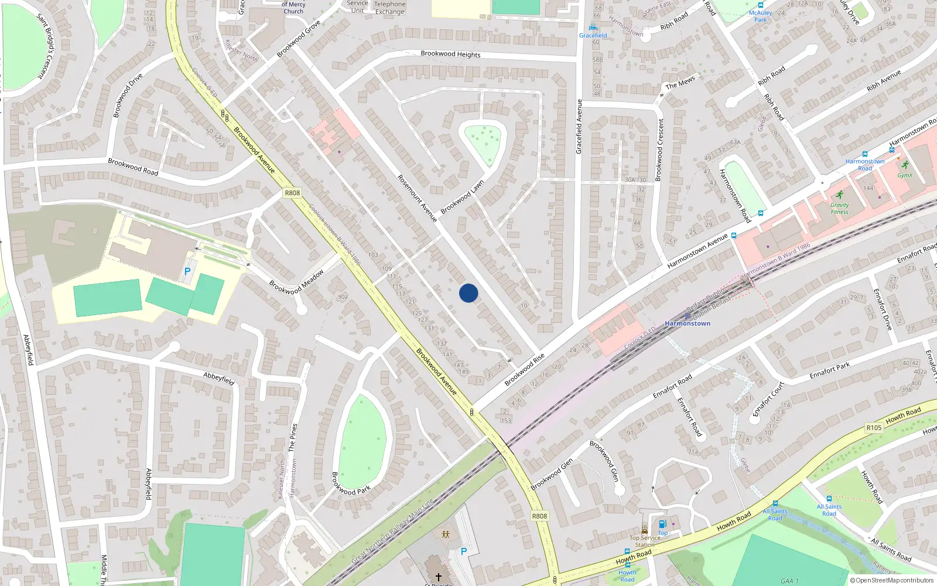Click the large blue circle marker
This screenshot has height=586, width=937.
point(468,293)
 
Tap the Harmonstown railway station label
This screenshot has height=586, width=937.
point(688,323)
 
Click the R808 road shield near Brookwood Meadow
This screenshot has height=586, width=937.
point(292,193)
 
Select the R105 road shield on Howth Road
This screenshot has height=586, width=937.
point(874,428)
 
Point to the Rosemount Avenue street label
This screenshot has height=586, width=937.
point(418,198)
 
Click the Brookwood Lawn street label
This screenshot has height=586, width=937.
point(462,197)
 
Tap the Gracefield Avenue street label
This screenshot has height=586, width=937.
point(579,127)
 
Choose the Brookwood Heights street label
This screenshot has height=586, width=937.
point(450,54)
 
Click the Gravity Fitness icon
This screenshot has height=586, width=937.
point(840,195)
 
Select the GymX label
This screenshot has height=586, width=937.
point(905,175)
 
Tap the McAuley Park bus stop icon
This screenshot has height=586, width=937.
point(760,5)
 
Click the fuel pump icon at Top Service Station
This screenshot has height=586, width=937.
point(662,524)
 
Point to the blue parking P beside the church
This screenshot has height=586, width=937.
point(464,551)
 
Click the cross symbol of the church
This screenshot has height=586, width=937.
point(438,577)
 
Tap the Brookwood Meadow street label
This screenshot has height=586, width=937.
point(296,282)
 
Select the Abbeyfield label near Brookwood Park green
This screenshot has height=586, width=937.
point(219,378)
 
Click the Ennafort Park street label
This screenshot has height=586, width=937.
point(829,371)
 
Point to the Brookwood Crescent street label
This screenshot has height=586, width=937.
point(660,149)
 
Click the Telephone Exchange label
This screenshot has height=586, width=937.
point(390,8)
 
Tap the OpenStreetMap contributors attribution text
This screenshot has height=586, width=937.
point(891,580)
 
